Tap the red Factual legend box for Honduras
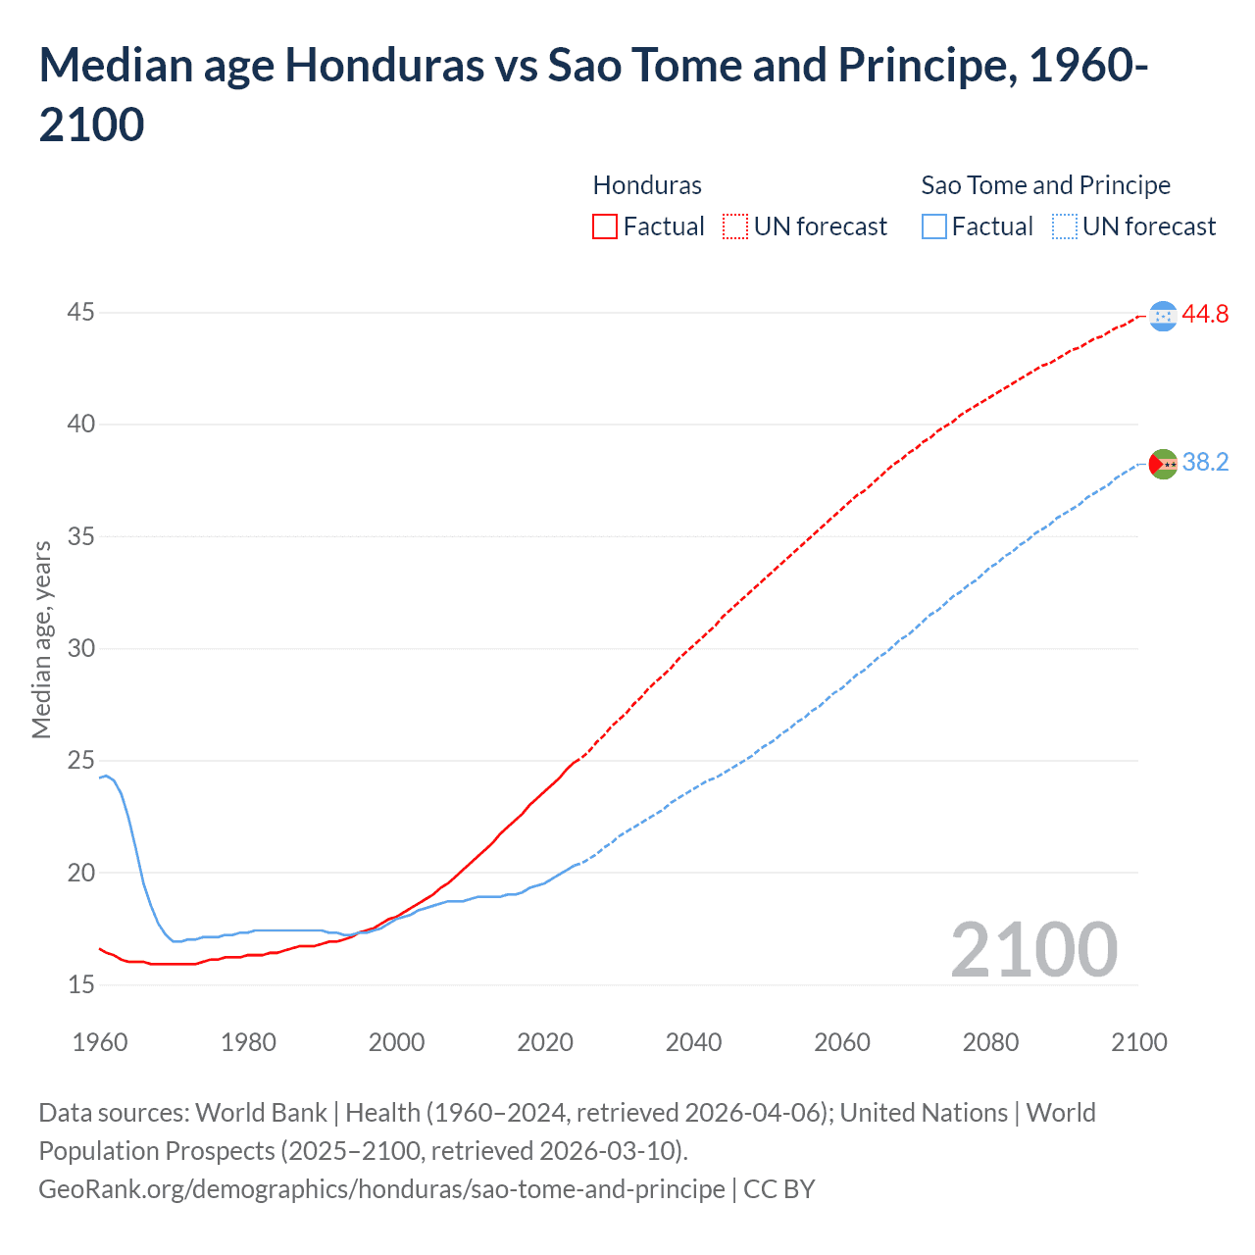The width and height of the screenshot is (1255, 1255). (x=605, y=226)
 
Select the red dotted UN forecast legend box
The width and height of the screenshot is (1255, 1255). (x=735, y=226)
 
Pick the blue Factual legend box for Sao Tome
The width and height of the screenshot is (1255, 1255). (x=934, y=226)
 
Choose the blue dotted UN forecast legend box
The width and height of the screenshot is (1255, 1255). (x=1065, y=226)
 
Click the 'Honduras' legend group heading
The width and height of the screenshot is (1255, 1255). (x=647, y=185)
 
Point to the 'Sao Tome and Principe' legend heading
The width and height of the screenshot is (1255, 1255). (x=1045, y=185)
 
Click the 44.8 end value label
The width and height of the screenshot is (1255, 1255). (x=1205, y=314)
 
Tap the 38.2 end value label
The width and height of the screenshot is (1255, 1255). (x=1205, y=462)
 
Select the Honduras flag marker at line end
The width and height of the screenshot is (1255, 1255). (x=1163, y=316)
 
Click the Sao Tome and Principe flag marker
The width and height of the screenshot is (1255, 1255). (x=1163, y=463)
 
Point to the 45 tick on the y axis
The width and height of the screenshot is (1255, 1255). (x=81, y=313)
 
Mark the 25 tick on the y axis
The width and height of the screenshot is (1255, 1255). (x=81, y=761)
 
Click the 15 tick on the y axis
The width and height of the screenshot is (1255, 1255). (x=81, y=984)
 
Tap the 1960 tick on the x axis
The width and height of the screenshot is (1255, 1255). (x=100, y=1042)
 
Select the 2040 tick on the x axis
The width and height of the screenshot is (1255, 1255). (x=693, y=1042)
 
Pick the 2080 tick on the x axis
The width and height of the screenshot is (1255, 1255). (x=990, y=1042)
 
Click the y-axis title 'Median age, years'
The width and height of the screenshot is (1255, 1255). (x=41, y=639)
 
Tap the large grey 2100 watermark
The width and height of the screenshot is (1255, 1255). (x=1033, y=949)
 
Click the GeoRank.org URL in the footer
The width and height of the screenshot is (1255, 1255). (x=381, y=1189)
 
